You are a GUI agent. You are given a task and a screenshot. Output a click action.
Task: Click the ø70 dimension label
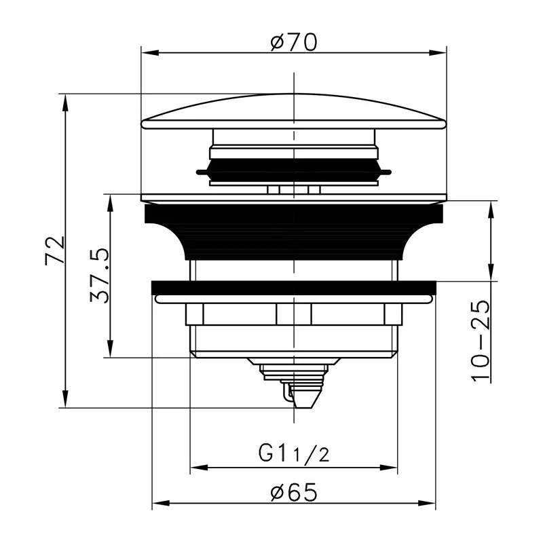coord(294,42)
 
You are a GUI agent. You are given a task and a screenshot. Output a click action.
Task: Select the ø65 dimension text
coord(294,492)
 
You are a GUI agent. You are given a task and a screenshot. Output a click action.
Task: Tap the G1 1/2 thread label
coord(294,454)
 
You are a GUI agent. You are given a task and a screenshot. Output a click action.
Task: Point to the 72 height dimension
coord(55,250)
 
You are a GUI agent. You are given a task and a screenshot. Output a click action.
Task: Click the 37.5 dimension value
coord(99,276)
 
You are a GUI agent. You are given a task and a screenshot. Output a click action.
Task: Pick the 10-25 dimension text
coord(481,341)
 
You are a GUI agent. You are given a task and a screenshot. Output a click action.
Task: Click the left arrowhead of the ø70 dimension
coord(150,53)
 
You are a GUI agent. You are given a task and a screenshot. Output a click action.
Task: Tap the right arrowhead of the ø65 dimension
coord(427,503)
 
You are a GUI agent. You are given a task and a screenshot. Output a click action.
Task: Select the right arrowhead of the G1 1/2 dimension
coord(388,468)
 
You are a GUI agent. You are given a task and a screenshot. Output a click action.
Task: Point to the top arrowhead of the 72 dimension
coord(64,102)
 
